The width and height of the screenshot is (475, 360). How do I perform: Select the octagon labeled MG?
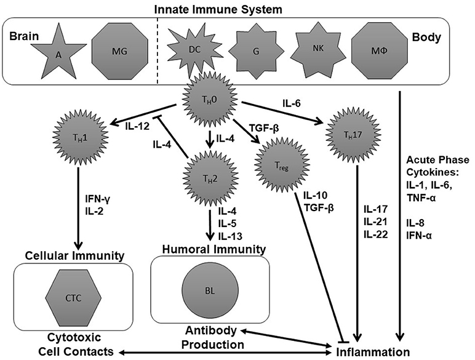click(x=119, y=51)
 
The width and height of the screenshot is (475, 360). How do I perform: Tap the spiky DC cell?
click(x=194, y=50)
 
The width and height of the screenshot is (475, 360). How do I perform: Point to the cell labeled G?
click(x=257, y=52)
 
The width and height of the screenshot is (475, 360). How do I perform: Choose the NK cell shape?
click(x=318, y=49)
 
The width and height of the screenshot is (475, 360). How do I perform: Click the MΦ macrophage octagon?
click(x=379, y=50)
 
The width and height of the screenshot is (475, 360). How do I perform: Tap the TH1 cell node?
click(x=81, y=138)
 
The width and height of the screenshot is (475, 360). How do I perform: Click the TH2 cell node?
click(x=210, y=179)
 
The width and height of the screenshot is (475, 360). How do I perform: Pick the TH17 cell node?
click(x=353, y=134)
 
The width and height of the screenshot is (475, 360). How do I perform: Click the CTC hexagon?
click(x=73, y=298)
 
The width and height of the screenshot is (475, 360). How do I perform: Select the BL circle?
click(x=210, y=290)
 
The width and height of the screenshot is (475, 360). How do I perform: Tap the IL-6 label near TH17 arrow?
click(x=292, y=103)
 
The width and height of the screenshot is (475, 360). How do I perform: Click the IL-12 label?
click(x=137, y=126)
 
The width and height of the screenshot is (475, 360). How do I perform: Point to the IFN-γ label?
click(x=98, y=199)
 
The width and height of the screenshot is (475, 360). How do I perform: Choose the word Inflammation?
click(x=373, y=352)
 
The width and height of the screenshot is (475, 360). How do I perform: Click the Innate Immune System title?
click(x=218, y=9)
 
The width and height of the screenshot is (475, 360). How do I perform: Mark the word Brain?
click(x=24, y=36)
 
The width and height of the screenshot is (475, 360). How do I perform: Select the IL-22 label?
click(x=376, y=234)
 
